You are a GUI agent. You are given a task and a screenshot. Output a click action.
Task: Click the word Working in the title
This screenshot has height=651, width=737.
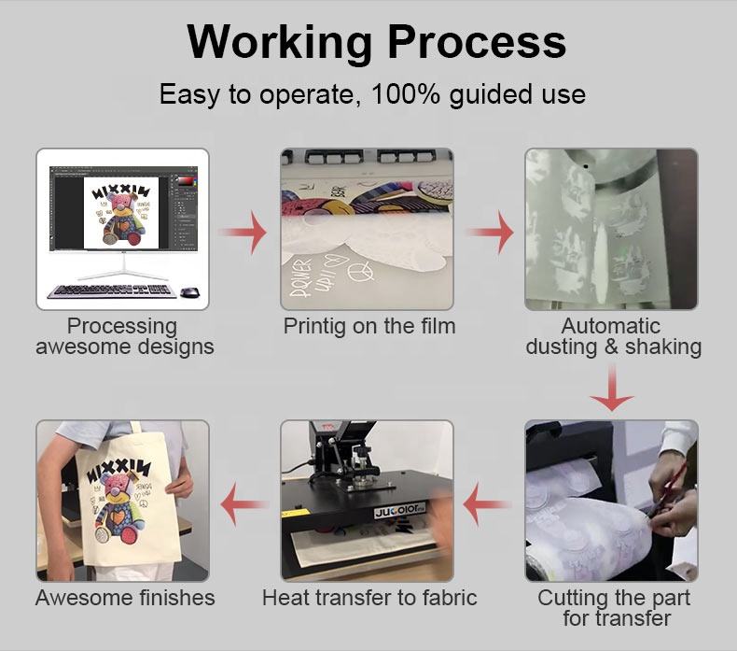coord(279,43)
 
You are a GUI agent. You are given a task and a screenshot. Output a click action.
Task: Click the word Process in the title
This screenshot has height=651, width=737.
coord(477,41)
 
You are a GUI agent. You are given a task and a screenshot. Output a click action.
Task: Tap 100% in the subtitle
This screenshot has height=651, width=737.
coord(406,94)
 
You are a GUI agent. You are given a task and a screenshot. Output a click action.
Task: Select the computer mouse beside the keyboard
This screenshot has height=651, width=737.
coord(190,291)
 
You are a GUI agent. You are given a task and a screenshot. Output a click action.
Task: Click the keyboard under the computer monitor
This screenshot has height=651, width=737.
coord(112,290)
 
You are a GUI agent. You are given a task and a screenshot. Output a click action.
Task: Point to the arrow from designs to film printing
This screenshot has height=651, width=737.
coord(243,232)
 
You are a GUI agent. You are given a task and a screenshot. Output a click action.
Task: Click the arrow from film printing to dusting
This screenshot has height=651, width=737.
coord(490,232)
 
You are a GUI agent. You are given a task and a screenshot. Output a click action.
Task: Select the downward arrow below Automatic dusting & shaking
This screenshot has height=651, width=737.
coord(612,389)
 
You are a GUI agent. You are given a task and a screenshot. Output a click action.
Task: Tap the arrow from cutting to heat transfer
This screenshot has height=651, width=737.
coord(487,504)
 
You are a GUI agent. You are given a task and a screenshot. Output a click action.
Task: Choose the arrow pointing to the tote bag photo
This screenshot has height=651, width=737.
coord(244,504)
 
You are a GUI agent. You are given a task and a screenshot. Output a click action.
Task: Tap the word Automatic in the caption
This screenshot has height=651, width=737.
coord(610,326)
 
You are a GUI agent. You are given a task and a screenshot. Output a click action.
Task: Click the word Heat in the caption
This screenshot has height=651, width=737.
coord(285,598)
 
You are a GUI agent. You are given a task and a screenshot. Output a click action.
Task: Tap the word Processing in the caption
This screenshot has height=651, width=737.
coord(122,327)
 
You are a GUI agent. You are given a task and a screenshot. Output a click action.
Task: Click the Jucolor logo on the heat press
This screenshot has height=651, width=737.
coord(399,512)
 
